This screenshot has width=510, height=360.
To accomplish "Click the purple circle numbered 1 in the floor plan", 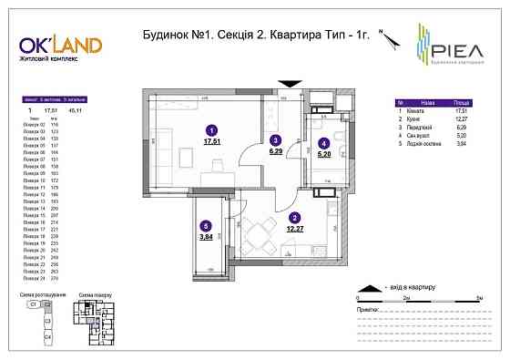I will (212, 130).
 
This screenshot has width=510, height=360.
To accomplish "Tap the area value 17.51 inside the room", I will (212, 143).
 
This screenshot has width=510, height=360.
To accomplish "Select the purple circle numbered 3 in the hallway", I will (275, 139).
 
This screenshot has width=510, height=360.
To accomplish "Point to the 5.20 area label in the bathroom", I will (324, 154).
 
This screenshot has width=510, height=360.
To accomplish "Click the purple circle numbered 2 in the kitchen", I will (294, 218).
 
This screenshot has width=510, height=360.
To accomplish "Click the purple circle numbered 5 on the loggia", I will (206, 227).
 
